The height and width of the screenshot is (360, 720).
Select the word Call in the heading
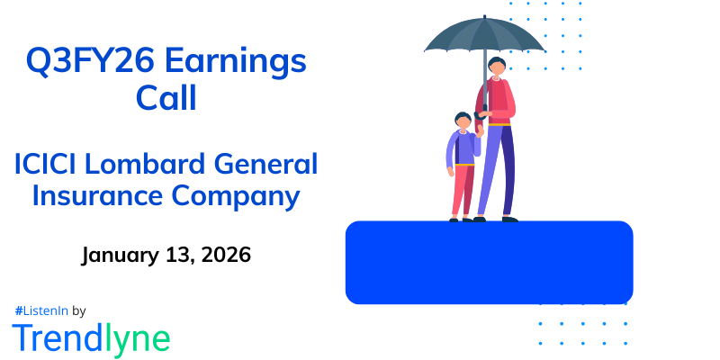(166, 96)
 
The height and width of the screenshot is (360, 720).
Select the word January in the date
(121, 256)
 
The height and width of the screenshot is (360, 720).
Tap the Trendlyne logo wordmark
(91, 337)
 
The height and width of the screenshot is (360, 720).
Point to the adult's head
(497, 68)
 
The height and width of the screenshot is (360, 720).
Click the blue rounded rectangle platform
(489, 262)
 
